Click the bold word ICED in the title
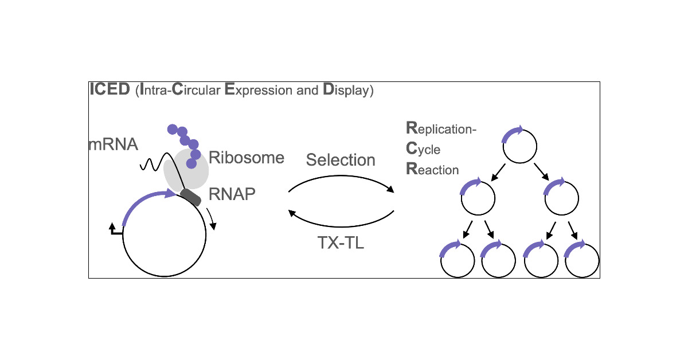tap(110, 91)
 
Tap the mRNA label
tap(113, 144)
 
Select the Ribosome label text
tap(246, 158)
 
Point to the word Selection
tap(341, 160)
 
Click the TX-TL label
tap(341, 243)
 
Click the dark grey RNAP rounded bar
tap(190, 197)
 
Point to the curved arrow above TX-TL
tap(341, 222)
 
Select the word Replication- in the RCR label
tap(441, 128)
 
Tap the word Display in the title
tap(347, 91)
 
